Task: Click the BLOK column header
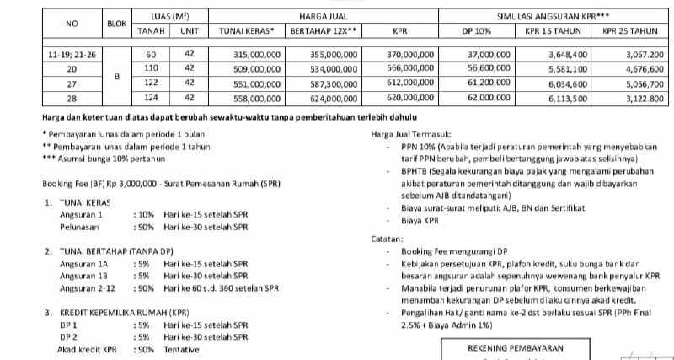(116, 24)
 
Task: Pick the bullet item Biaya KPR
(420, 222)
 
